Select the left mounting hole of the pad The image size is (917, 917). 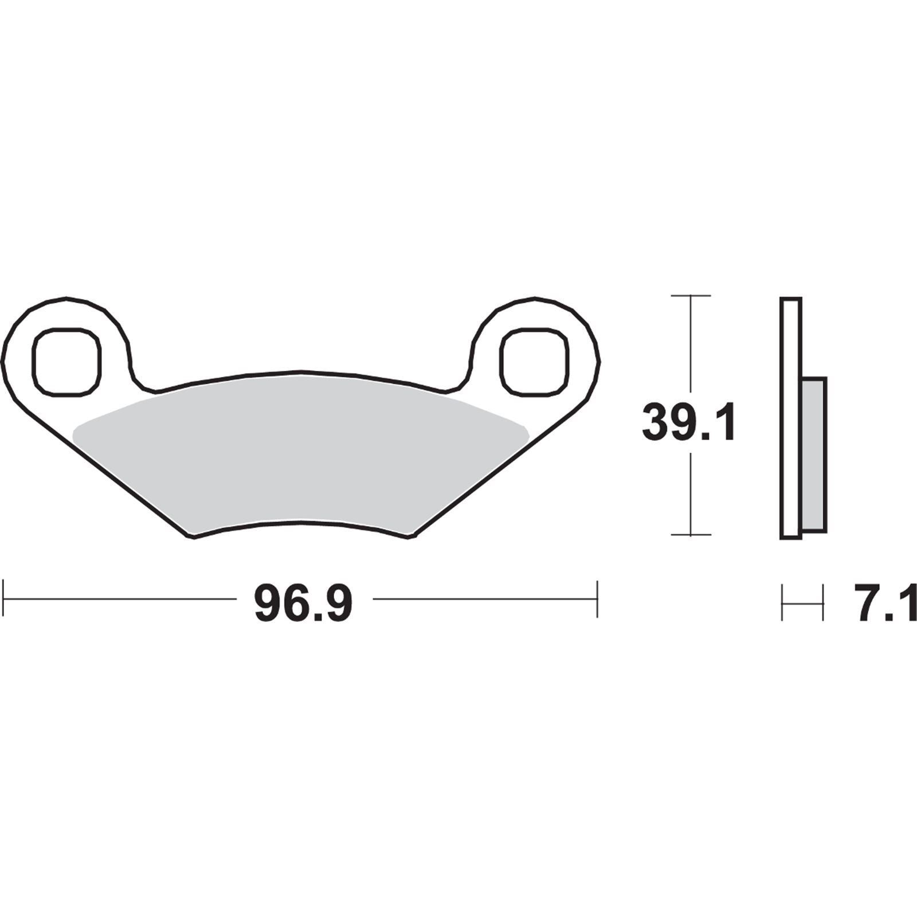[67, 362]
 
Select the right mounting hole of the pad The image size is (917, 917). [535, 362]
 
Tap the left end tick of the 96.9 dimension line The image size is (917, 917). [4, 599]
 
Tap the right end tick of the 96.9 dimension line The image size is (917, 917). [597, 599]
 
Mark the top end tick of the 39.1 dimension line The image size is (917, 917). [691, 296]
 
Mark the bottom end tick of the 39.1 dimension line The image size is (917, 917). [691, 535]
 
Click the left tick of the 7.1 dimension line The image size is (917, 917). [782, 602]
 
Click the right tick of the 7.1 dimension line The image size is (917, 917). [823, 602]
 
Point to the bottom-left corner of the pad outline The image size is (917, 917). [190, 537]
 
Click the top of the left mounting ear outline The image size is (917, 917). [67, 298]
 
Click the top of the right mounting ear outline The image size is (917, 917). [535, 298]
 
